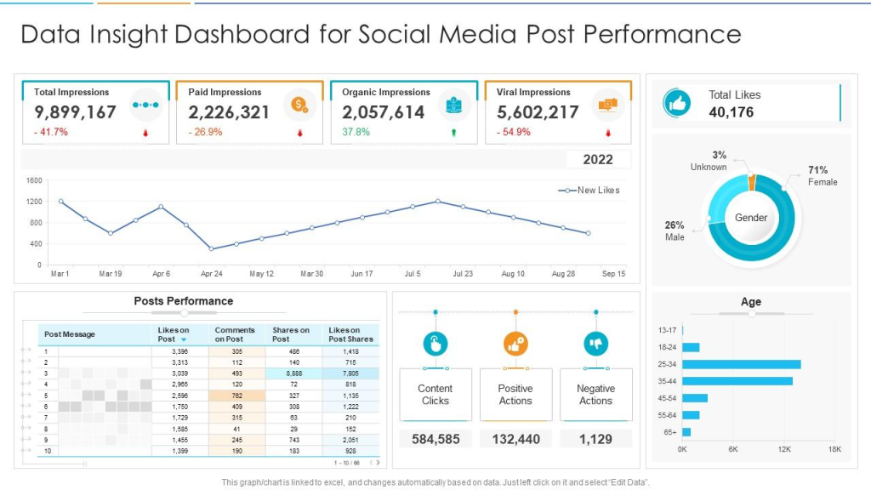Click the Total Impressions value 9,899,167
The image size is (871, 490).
pyautogui.click(x=76, y=112)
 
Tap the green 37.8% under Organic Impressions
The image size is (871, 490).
pyautogui.click(x=356, y=133)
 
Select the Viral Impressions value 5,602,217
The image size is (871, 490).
pyautogui.click(x=538, y=112)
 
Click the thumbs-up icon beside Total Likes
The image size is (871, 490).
pyautogui.click(x=677, y=103)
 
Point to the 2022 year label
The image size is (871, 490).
pyautogui.click(x=598, y=160)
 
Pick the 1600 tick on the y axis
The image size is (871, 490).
pyautogui.click(x=34, y=181)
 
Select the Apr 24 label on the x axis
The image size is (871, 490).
pyautogui.click(x=211, y=275)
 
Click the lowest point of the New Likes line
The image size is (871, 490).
pyautogui.click(x=211, y=249)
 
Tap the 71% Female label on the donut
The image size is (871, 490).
pyautogui.click(x=821, y=176)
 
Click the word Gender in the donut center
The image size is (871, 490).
pyautogui.click(x=751, y=218)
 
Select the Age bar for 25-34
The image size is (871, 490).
pyautogui.click(x=741, y=364)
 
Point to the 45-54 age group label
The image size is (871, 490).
pyautogui.click(x=666, y=398)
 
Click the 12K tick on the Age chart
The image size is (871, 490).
pyautogui.click(x=783, y=448)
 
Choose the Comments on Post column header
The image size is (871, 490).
pyautogui.click(x=235, y=334)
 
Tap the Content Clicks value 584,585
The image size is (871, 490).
pyautogui.click(x=435, y=439)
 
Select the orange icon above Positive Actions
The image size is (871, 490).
pyautogui.click(x=515, y=344)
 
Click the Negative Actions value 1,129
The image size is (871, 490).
pyautogui.click(x=595, y=439)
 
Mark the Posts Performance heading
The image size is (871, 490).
pyautogui.click(x=184, y=301)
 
